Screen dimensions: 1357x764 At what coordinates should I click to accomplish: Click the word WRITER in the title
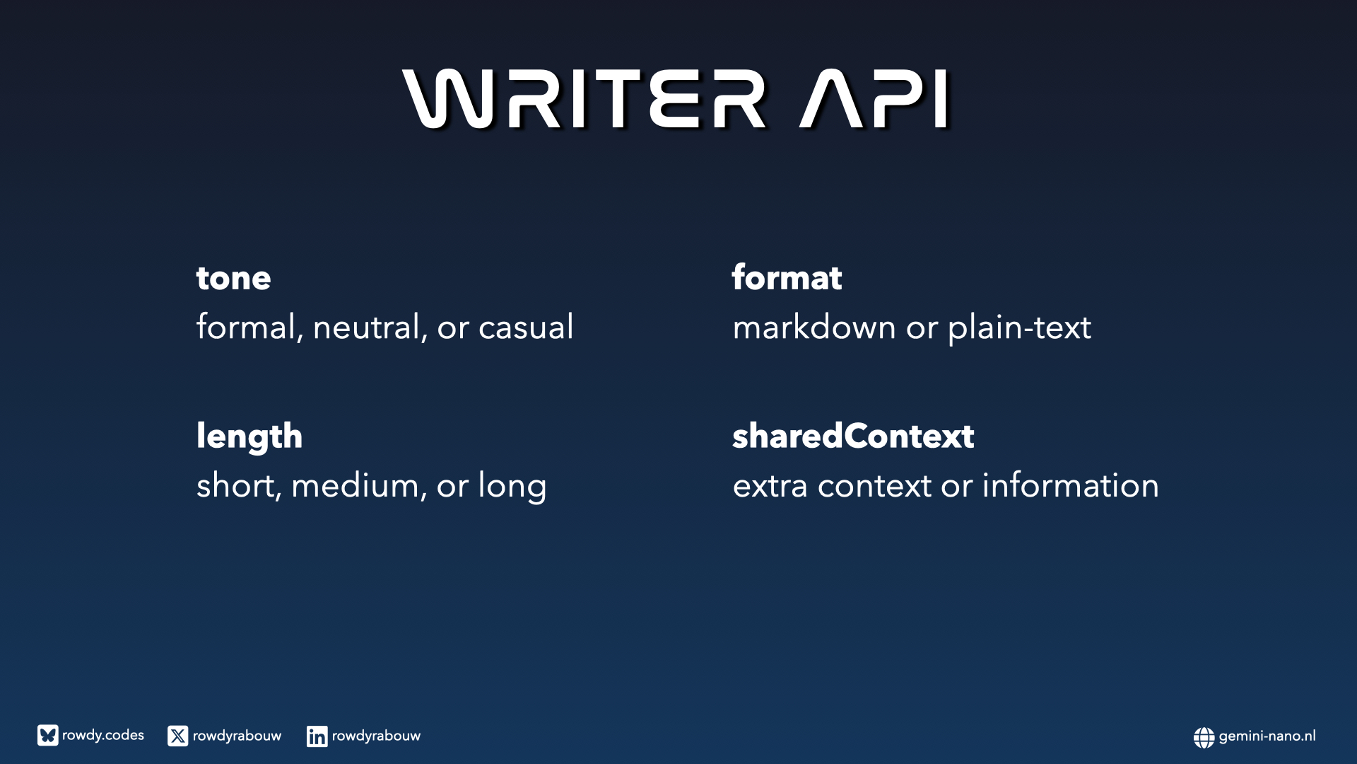pyautogui.click(x=584, y=99)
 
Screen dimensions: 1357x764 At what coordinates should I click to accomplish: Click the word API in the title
pyautogui.click(x=874, y=99)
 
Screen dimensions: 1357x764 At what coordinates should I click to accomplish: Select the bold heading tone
pyautogui.click(x=233, y=278)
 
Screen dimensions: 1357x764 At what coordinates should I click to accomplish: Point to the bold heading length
pyautogui.click(x=249, y=436)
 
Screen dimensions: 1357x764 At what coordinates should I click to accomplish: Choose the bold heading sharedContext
pyautogui.click(x=853, y=436)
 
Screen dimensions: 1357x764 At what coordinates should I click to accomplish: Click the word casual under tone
pyautogui.click(x=526, y=327)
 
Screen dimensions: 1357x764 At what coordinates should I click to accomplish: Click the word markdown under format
pyautogui.click(x=814, y=327)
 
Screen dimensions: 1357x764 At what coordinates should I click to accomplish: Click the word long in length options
pyautogui.click(x=512, y=486)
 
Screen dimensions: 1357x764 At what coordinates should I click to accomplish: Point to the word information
pyautogui.click(x=1070, y=485)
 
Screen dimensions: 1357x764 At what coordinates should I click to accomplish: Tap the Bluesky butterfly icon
pyautogui.click(x=48, y=736)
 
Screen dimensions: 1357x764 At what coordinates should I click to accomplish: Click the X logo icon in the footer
pyautogui.click(x=178, y=736)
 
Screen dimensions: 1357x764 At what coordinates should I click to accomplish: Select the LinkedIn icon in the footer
pyautogui.click(x=317, y=736)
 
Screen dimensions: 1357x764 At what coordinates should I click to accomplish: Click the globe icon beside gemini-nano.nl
pyautogui.click(x=1204, y=737)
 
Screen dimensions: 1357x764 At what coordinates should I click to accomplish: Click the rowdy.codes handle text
pyautogui.click(x=103, y=736)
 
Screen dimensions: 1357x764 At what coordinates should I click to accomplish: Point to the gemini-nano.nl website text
pyautogui.click(x=1267, y=736)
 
